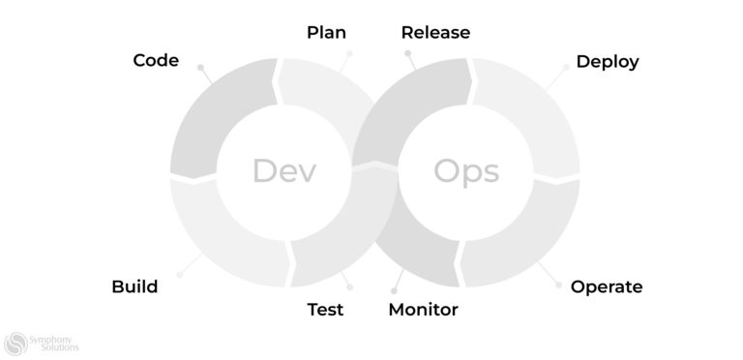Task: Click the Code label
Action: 156,60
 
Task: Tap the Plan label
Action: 326,33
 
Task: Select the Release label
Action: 435,33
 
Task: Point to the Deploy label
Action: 607,62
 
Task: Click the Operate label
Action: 606,286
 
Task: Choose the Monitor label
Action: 423,310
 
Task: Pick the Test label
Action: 325,310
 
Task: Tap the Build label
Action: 134,286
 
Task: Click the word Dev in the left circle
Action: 284,171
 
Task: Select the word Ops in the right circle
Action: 466,171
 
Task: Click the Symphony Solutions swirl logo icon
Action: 15,343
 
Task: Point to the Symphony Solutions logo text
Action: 55,343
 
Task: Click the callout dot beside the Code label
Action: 200,68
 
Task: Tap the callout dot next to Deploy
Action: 566,68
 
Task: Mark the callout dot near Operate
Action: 558,285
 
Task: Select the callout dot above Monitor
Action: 395,289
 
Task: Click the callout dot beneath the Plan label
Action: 349,54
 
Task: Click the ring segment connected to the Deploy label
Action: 532,116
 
